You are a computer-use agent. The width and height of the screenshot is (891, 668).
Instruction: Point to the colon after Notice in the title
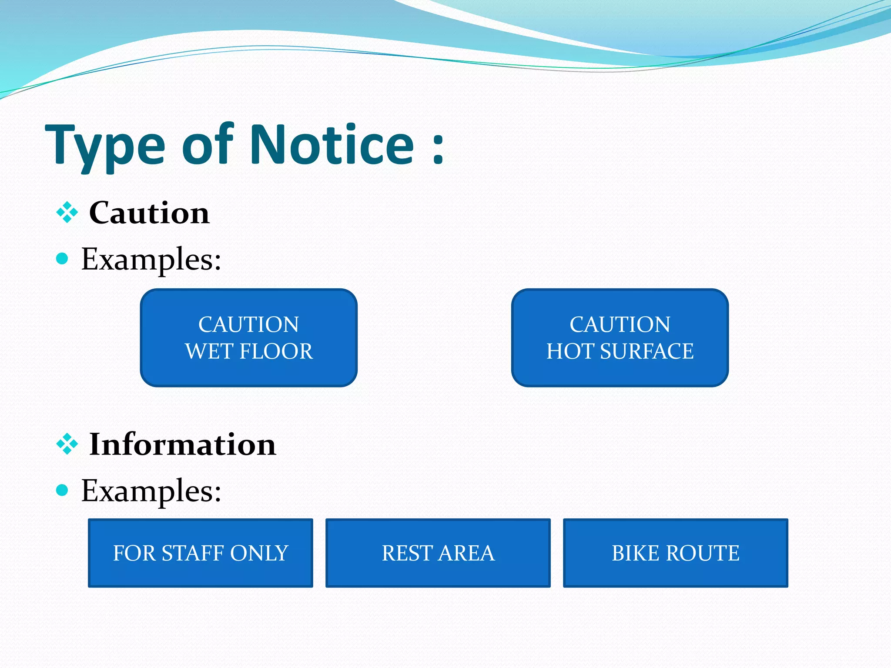point(438,149)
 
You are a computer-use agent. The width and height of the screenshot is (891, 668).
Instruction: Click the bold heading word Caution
point(149,213)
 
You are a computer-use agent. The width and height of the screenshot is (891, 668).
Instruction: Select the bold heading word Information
point(182,444)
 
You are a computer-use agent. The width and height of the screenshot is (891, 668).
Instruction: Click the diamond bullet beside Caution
point(67,213)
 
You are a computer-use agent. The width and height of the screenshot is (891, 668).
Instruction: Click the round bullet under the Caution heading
point(62,259)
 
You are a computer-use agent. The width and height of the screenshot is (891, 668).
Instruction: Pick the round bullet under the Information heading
point(62,491)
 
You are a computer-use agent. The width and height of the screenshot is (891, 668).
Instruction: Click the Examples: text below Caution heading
point(151,259)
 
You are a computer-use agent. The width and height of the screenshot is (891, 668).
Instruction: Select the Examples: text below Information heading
point(151,491)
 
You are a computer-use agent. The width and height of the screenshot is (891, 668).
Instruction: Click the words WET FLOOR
point(249,351)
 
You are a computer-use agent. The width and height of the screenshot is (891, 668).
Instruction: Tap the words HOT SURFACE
point(620,351)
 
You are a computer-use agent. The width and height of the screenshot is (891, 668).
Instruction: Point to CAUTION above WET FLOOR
point(249,324)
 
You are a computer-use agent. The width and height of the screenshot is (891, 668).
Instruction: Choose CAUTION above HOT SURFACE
point(620,324)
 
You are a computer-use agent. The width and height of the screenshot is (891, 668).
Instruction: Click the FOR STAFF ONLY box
point(201,553)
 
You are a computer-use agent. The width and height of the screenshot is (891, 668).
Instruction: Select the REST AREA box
point(438,553)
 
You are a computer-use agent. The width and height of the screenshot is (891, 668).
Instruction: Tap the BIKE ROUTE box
point(676,553)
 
